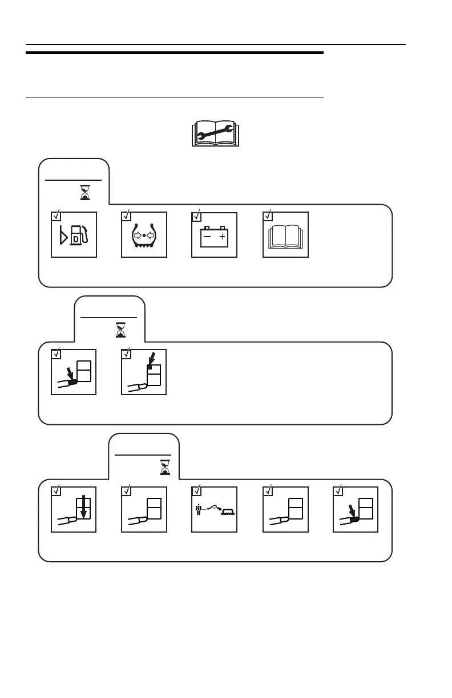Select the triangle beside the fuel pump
(63, 235)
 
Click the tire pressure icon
(144, 234)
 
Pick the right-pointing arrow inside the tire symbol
(138, 234)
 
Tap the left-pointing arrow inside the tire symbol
(151, 234)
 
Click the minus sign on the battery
(208, 236)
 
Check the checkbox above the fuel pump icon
(56, 216)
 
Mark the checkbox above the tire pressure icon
(126, 216)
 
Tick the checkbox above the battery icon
(196, 216)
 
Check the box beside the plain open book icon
(267, 216)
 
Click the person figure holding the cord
(198, 509)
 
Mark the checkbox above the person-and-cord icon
(196, 491)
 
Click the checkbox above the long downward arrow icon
(56, 491)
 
